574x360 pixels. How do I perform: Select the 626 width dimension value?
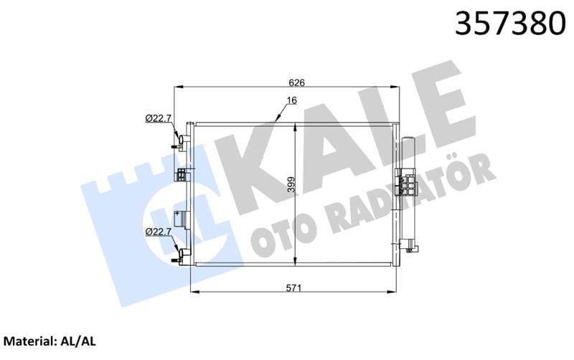pyautogui.click(x=297, y=82)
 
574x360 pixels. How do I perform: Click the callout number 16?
pyautogui.click(x=292, y=101)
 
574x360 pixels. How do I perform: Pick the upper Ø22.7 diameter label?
pyautogui.click(x=156, y=118)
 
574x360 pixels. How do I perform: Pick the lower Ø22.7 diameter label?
pyautogui.click(x=156, y=231)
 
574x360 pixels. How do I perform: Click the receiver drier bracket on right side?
pyautogui.click(x=407, y=184)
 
